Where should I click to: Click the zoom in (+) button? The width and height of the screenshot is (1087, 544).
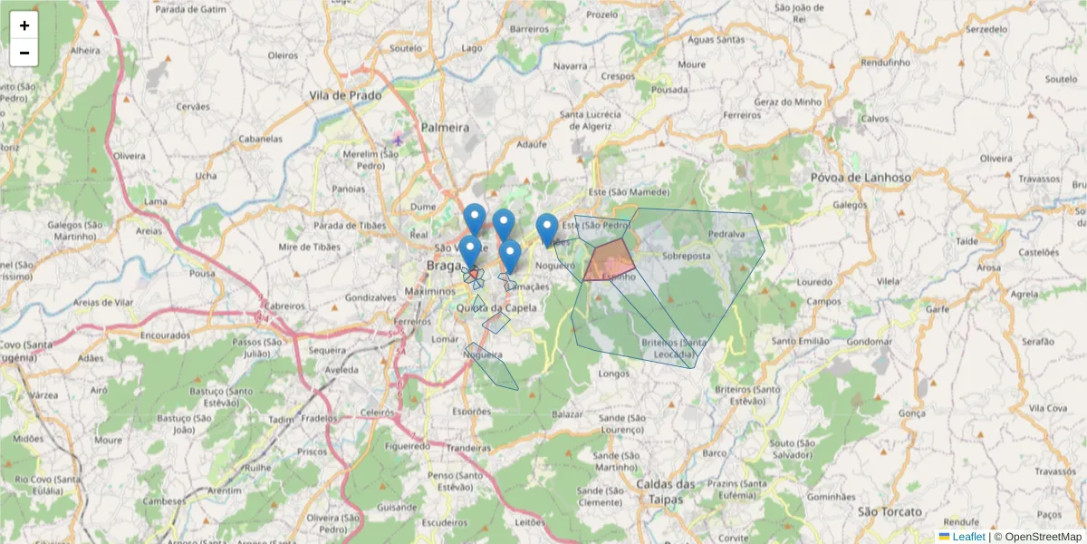tap(24, 25)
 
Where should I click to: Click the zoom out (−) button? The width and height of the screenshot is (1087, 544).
tap(24, 53)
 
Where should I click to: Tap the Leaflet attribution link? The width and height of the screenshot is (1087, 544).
tap(967, 537)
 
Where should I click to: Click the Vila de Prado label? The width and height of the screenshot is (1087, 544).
tap(345, 95)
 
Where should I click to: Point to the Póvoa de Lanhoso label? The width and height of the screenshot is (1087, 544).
tap(861, 178)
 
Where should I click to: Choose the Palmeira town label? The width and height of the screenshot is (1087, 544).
tap(446, 127)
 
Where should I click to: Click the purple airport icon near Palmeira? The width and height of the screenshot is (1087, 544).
tap(398, 140)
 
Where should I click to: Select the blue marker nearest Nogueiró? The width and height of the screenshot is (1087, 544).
tap(546, 228)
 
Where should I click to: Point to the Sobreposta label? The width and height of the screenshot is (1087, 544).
tap(686, 257)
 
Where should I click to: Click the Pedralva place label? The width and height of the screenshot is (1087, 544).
tap(726, 233)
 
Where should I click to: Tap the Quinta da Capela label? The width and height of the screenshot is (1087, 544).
tap(497, 307)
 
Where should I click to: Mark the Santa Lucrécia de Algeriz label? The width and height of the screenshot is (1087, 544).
tap(591, 121)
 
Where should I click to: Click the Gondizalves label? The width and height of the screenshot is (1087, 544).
tap(371, 297)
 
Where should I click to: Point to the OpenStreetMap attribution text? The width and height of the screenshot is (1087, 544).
tap(1037, 537)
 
